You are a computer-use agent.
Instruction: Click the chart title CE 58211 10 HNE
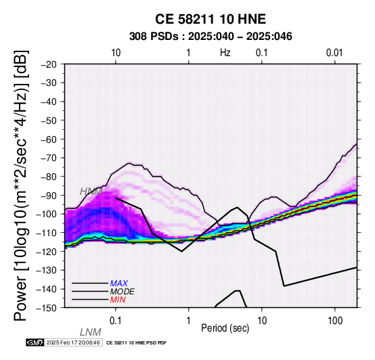coord(211,19)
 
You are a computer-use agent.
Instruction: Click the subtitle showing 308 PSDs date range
coord(211,37)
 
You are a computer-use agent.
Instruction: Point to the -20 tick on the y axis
coord(49,64)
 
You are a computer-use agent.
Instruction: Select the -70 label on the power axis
coord(49,158)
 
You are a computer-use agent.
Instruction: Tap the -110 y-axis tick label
coord(47,233)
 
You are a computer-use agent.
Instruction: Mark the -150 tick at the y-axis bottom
coord(47,308)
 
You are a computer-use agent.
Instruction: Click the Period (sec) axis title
coord(225,328)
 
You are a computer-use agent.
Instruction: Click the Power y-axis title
coord(20,185)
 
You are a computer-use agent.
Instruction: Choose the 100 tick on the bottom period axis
coord(335,321)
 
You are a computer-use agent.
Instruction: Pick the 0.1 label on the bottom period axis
coord(116,321)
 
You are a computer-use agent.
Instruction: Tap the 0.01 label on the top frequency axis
coord(334,53)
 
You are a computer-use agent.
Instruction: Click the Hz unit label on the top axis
coord(225,53)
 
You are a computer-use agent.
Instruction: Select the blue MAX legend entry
coord(119,284)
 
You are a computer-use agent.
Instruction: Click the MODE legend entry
coord(123,292)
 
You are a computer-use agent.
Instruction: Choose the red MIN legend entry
coord(118,300)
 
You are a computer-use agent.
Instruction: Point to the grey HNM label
coord(91,192)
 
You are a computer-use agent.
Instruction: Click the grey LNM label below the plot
coord(91,332)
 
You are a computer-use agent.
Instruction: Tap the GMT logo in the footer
coord(35,342)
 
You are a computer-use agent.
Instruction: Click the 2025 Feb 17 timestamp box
coord(73,342)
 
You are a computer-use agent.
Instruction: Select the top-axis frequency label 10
coord(116,53)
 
